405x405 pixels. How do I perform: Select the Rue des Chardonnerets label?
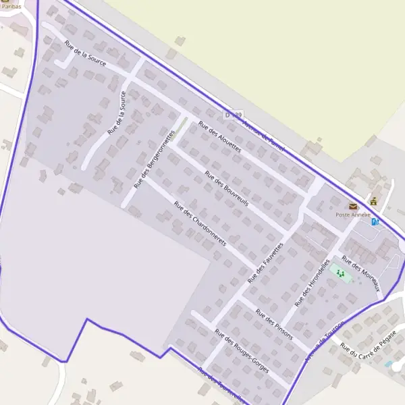(200, 223)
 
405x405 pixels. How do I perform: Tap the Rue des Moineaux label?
(361, 273)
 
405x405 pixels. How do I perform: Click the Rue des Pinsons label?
(274, 323)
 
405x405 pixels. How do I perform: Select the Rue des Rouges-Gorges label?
(242, 351)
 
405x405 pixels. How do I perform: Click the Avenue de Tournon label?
(324, 341)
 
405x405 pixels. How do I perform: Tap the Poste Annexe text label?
(353, 215)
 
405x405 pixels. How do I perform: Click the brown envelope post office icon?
(352, 206)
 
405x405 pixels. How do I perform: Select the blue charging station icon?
(375, 221)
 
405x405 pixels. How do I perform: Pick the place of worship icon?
(373, 201)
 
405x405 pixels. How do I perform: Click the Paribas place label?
(11, 6)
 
